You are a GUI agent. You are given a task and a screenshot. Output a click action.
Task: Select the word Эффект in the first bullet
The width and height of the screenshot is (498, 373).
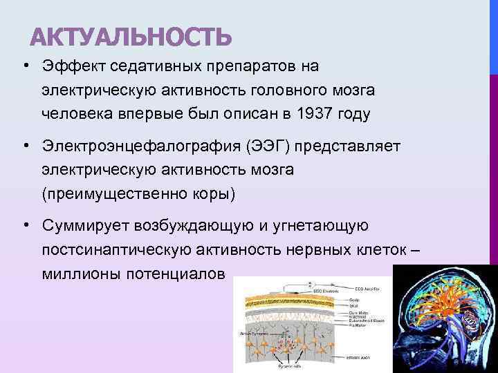point(70,66)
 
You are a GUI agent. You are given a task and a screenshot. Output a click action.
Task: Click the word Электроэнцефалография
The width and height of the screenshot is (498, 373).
point(124,146)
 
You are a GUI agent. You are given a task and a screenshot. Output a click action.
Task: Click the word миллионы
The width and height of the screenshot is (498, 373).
point(80,274)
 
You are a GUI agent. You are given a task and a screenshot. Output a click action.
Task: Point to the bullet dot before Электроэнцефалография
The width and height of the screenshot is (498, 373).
point(24,146)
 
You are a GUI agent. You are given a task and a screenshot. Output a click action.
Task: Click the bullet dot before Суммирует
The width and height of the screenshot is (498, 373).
point(24,225)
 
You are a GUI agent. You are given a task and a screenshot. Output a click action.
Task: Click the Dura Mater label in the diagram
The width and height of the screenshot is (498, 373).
point(358,312)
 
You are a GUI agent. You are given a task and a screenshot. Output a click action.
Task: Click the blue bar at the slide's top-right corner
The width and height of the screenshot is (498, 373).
point(493,35)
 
